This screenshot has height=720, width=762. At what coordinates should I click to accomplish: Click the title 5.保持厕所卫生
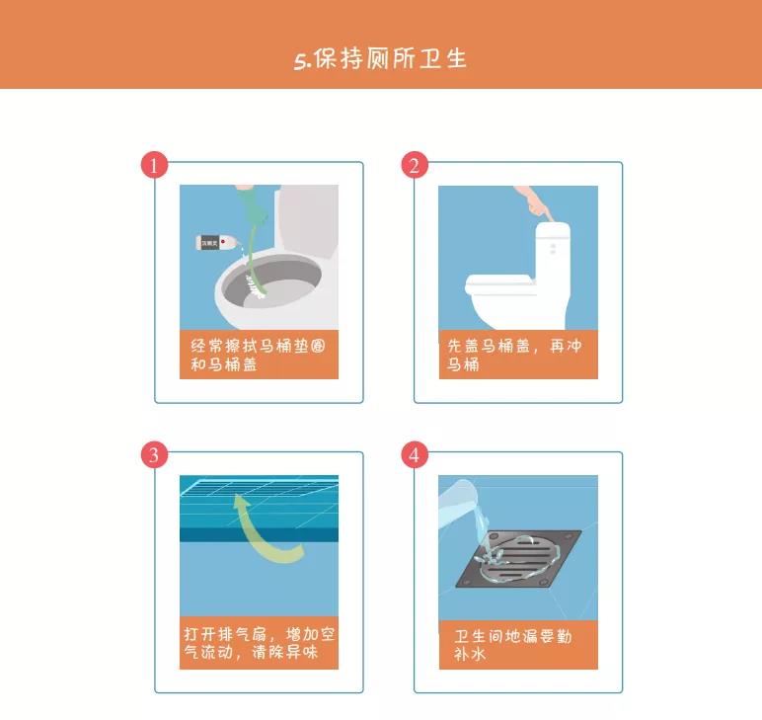pyautogui.click(x=380, y=59)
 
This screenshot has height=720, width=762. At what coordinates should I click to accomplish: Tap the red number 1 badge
pyautogui.click(x=155, y=165)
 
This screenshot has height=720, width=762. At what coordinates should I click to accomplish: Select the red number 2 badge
pyautogui.click(x=415, y=165)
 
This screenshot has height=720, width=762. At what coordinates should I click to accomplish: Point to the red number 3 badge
pyautogui.click(x=155, y=454)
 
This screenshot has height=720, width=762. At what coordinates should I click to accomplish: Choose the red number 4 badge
pyautogui.click(x=415, y=454)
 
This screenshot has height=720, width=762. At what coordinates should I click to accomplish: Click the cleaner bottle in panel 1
pyautogui.click(x=216, y=242)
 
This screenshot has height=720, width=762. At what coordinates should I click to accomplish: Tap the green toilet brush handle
pyautogui.click(x=253, y=238)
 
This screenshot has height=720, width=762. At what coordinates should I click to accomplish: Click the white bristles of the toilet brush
pyautogui.click(x=254, y=286)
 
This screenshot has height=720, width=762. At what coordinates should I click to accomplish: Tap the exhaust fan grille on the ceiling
pyautogui.click(x=259, y=486)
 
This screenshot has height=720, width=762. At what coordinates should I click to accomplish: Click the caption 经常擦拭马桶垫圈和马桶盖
pyautogui.click(x=258, y=355)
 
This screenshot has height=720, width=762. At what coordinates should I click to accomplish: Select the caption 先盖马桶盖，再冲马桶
pyautogui.click(x=514, y=355)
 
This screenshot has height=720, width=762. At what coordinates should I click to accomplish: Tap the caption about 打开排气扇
pyautogui.click(x=259, y=643)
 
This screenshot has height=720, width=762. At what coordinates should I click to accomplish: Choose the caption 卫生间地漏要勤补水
pyautogui.click(x=512, y=645)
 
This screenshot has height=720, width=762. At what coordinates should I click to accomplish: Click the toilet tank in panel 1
pyautogui.click(x=306, y=219)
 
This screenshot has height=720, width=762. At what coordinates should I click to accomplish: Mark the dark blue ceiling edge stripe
pyautogui.click(x=259, y=534)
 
